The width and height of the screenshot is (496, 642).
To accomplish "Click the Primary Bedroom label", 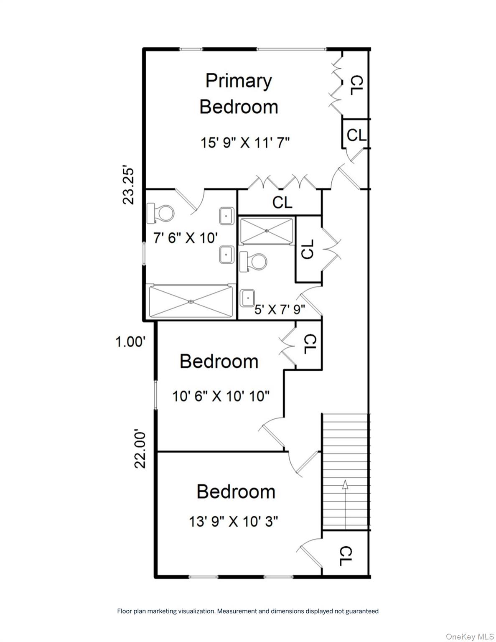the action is (x=239, y=94).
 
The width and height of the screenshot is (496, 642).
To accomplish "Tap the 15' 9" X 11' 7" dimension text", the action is (x=245, y=143).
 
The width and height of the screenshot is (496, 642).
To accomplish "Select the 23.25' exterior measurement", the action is (x=129, y=186).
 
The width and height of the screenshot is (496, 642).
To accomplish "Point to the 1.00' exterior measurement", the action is (x=130, y=342).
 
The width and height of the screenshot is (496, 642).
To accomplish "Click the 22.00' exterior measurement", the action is (x=140, y=450).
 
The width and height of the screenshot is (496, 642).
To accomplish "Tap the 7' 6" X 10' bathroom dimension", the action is (x=186, y=238).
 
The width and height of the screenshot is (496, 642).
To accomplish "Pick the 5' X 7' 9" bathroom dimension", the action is (x=280, y=310).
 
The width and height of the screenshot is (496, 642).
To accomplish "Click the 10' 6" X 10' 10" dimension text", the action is (x=221, y=396).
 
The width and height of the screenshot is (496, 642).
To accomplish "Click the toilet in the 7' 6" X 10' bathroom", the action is (x=160, y=213).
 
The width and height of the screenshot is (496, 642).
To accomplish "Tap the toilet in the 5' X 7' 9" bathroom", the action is (x=253, y=262).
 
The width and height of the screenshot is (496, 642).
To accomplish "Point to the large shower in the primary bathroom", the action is (x=191, y=301).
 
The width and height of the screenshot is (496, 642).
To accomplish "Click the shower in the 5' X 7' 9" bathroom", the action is (x=267, y=231).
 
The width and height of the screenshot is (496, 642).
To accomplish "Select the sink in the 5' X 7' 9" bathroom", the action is (x=247, y=298).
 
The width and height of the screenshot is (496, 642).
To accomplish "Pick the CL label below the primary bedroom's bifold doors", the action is (x=282, y=202).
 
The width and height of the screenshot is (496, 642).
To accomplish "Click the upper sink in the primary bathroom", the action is (x=227, y=216).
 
